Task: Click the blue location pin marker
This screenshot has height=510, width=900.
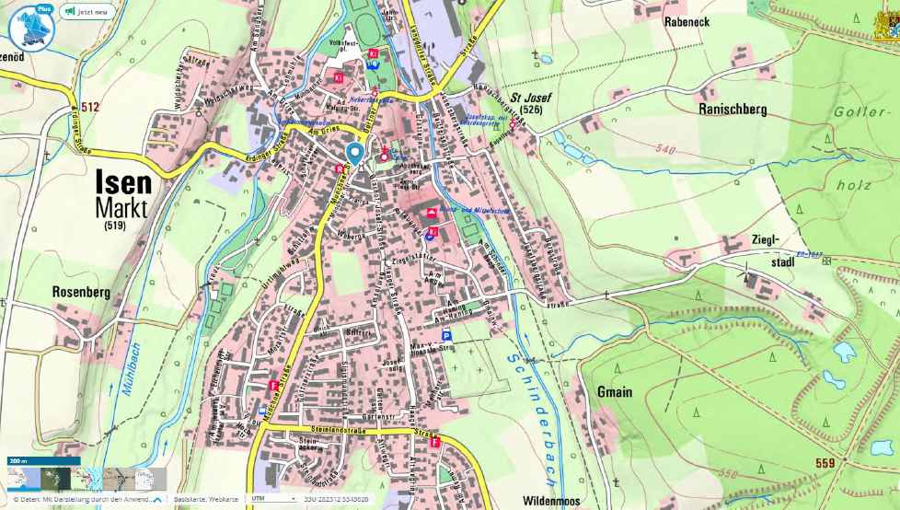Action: coord(354,153)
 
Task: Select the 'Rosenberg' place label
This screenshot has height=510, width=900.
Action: coord(82,292)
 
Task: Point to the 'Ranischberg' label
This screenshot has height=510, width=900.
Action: coord(733,109)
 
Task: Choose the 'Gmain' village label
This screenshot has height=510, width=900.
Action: coord(614,391)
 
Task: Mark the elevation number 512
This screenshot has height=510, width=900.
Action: coord(89,107)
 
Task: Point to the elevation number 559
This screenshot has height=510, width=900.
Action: coord(825,463)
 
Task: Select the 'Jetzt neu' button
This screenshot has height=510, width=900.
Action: coord(87,13)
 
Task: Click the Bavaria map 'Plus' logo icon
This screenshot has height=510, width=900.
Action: coord(31,26)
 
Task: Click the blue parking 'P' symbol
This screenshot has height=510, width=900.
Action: coord(446,337)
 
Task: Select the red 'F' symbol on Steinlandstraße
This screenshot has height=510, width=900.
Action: coord(434,441)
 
